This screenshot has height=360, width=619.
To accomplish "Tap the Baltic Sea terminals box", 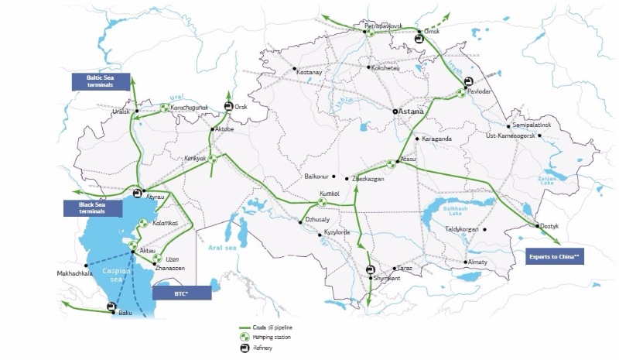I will pyautogui.click(x=101, y=81).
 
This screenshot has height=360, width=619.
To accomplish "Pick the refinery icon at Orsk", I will pyautogui.click(x=228, y=107).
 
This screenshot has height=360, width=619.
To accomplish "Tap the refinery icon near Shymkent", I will pyautogui.click(x=371, y=269).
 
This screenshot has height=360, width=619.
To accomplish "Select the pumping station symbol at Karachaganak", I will pyautogui.click(x=164, y=108).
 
